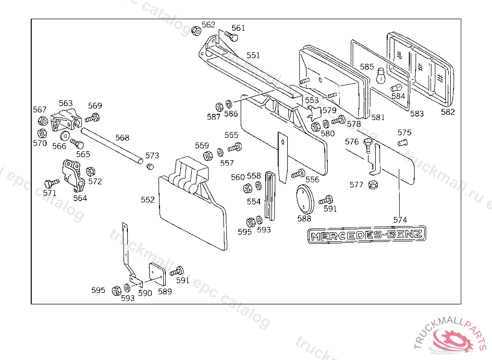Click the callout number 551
pos(253,55)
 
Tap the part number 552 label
pos(148,200)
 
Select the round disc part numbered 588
pos(304,199)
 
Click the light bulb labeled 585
pos(381,75)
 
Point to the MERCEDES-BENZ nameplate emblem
pos(367,235)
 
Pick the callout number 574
pos(400,219)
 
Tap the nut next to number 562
pos(196,31)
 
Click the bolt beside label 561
pos(232,37)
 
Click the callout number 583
pos(417,114)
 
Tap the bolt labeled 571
pos(50,183)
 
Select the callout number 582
pos(447,112)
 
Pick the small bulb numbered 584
pos(396,87)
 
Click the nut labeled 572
pos(90,171)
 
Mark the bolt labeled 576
pos(369,146)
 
